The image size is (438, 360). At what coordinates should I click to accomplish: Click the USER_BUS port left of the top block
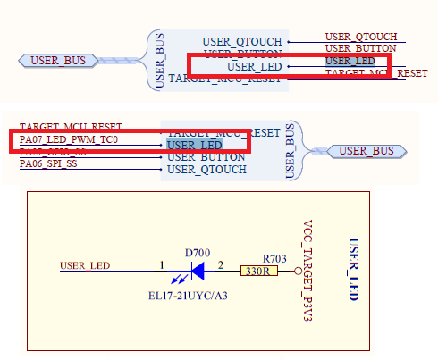tap(59, 61)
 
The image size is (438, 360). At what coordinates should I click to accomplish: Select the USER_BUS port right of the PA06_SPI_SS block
tap(366, 150)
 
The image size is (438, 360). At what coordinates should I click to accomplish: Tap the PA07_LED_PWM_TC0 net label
tap(69, 140)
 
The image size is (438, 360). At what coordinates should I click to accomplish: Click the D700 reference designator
tap(198, 253)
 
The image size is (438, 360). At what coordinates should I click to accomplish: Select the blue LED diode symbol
tap(198, 267)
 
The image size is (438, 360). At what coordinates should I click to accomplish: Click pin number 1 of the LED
tap(162, 264)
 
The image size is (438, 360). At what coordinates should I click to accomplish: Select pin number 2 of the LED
tap(221, 264)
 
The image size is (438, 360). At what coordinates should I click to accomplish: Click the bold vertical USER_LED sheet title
tap(353, 269)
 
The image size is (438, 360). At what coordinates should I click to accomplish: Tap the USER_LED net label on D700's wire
tap(85, 265)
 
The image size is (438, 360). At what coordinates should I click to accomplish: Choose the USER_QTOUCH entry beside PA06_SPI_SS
tap(207, 169)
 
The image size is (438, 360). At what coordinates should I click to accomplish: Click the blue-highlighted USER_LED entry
tap(194, 145)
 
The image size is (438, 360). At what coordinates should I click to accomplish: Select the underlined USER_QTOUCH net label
tap(361, 37)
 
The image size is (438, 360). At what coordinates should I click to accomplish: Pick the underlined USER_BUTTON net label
tap(360, 48)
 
